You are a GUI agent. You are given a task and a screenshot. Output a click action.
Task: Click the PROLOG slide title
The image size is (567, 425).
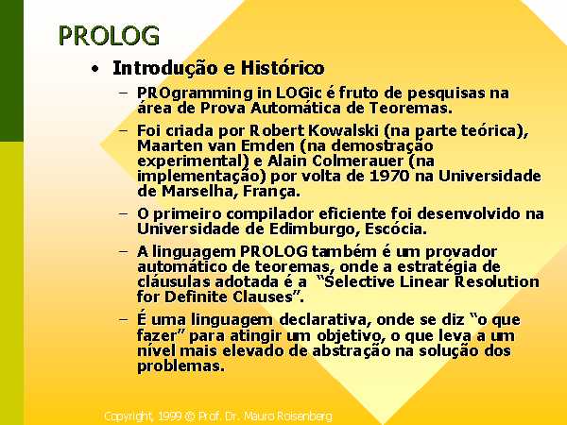point(109,36)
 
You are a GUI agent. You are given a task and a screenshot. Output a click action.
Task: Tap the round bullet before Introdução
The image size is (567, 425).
point(94,69)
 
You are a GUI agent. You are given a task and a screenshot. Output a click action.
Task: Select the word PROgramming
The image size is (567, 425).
point(195,93)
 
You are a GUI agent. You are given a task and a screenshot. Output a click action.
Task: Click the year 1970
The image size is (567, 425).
point(389,176)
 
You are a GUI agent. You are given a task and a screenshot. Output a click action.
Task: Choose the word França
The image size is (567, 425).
point(271,192)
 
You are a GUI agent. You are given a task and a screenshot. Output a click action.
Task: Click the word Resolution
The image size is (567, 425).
point(497,281)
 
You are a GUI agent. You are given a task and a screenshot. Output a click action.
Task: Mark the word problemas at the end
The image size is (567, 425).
point(180,366)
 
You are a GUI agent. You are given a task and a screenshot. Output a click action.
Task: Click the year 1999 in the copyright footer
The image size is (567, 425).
point(169,416)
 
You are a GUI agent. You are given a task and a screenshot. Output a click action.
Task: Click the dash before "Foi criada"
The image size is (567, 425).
point(123,130)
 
